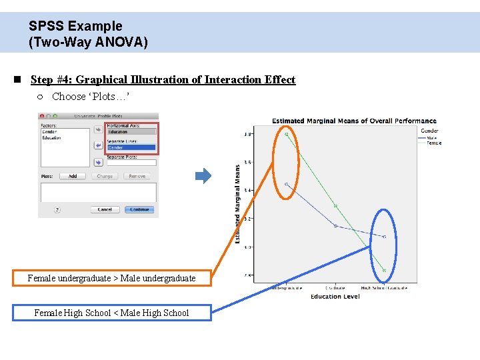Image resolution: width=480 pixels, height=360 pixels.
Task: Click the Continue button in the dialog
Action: point(139,209)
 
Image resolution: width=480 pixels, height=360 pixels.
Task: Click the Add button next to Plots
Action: point(72,176)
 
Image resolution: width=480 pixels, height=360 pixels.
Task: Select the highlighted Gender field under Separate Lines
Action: point(131,147)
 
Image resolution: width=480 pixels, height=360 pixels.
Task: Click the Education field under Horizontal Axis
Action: point(131,131)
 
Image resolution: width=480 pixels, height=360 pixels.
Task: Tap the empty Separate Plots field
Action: point(131,162)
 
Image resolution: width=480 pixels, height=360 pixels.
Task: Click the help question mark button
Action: point(57,209)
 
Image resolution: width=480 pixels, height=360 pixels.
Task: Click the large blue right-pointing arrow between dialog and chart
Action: point(203,176)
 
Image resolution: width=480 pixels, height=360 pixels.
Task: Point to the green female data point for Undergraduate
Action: point(287,134)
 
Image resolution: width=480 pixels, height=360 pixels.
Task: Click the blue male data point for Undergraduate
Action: point(286,184)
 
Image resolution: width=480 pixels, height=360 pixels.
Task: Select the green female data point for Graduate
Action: point(335,206)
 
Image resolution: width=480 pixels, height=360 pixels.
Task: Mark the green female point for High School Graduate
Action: point(385,271)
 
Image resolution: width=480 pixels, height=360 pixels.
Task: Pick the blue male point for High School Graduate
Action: point(385,237)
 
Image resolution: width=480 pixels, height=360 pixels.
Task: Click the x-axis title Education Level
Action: point(335,297)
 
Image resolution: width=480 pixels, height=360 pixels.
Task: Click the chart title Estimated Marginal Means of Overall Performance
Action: point(354,121)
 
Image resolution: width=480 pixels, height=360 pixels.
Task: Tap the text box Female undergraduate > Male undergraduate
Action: point(111,278)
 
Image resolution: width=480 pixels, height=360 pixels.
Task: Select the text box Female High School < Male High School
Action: point(111,313)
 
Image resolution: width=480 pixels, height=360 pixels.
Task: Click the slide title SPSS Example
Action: point(75,26)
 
